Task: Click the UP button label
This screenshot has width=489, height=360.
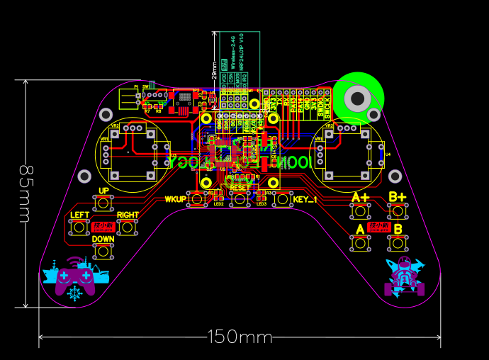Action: (103, 191)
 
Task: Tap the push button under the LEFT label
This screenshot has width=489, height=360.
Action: (79, 227)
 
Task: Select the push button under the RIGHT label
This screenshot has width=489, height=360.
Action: (127, 227)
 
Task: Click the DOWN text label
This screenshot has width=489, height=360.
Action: (103, 240)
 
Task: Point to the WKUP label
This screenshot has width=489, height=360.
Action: (174, 199)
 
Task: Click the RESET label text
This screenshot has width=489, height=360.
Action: (240, 187)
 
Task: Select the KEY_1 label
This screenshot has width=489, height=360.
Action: (305, 199)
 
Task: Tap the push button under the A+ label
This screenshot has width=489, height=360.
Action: (360, 210)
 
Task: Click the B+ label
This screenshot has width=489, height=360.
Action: (398, 196)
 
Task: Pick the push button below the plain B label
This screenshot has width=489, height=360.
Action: (398, 243)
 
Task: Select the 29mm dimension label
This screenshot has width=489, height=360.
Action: (215, 69)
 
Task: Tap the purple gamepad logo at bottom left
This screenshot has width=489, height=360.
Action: (74, 278)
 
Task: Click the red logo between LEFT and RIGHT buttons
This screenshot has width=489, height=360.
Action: (103, 227)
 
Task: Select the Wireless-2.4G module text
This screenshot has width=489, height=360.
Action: (232, 56)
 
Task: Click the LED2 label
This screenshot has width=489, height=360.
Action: (219, 204)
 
